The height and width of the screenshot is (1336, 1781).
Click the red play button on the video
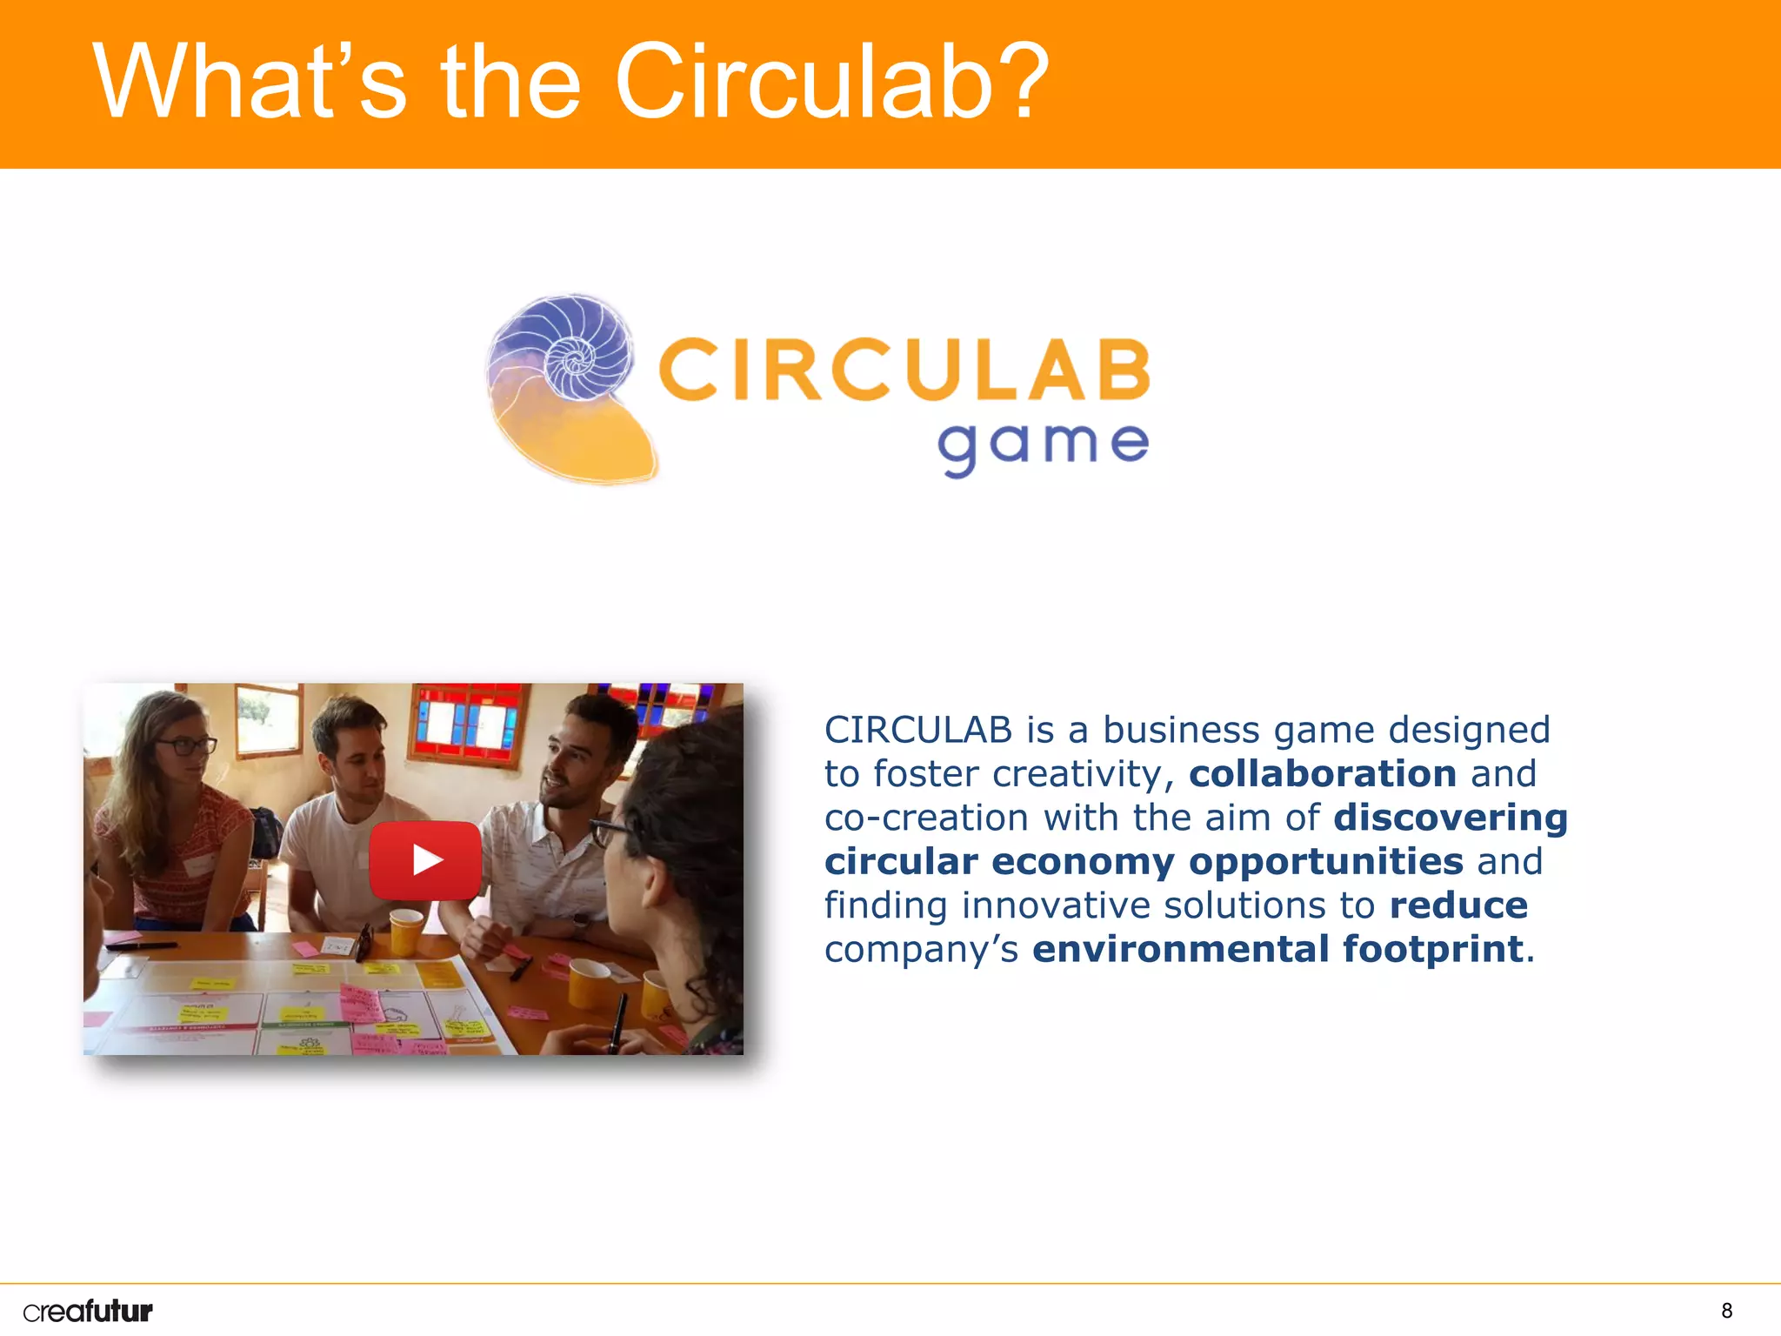[x=425, y=860]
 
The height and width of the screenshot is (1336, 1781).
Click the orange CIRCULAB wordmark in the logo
[x=904, y=371]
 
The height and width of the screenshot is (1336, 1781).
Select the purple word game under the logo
[x=1043, y=445]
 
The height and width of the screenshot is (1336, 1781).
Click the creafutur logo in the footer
[x=88, y=1311]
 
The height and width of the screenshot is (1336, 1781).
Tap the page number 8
[x=1726, y=1311]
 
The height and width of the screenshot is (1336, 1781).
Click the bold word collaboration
[x=1323, y=774]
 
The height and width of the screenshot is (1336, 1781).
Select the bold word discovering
[x=1451, y=818]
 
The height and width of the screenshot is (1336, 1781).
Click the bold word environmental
[x=1180, y=949]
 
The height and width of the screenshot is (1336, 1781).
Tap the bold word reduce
[x=1458, y=905]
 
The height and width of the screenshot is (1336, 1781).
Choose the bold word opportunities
[x=1326, y=862]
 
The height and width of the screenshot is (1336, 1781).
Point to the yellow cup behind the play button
[x=406, y=931]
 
